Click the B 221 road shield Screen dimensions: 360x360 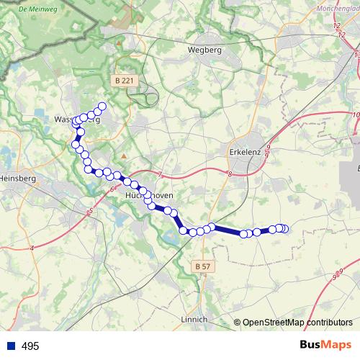pyautogui.click(x=124, y=81)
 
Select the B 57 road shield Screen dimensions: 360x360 pyautogui.click(x=203, y=266)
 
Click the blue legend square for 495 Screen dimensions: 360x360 pyautogui.click(x=11, y=346)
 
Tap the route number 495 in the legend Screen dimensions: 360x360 pyautogui.click(x=30, y=346)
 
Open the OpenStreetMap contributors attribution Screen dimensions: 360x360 pyautogui.click(x=297, y=323)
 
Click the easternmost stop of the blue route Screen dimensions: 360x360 pyautogui.click(x=284, y=229)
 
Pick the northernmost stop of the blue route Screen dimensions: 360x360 pyautogui.click(x=102, y=107)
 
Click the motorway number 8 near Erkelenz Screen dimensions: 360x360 pyautogui.click(x=229, y=174)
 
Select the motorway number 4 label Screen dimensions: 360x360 pyautogui.click(x=32, y=248)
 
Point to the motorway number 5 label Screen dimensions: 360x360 pyautogui.click(x=91, y=210)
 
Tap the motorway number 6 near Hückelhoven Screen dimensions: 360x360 pyautogui.click(x=113, y=189)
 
